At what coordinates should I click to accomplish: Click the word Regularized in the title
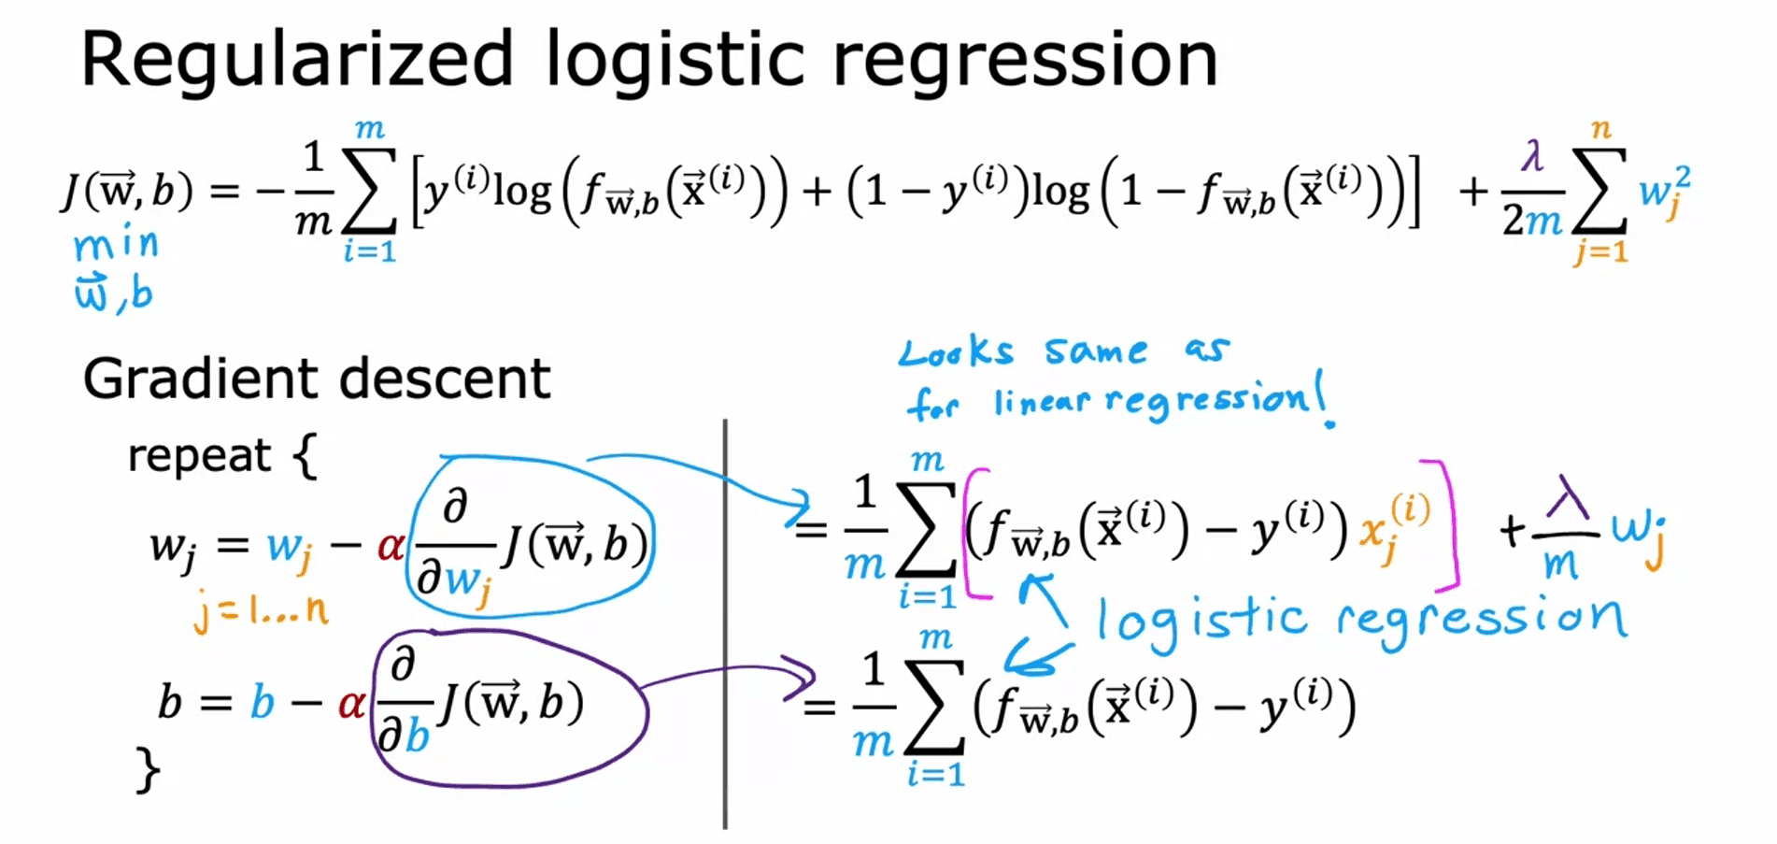pyautogui.click(x=297, y=59)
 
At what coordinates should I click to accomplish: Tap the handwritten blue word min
pyautogui.click(x=117, y=245)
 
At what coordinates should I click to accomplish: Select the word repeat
pyautogui.click(x=199, y=456)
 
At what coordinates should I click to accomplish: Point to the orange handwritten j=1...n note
pyautogui.click(x=261, y=610)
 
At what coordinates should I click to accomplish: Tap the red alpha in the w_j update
pyautogui.click(x=390, y=545)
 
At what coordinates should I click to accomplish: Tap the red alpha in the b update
pyautogui.click(x=351, y=702)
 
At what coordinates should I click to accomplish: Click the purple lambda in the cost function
pyautogui.click(x=1532, y=155)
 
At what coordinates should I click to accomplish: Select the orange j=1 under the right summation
pyautogui.click(x=1599, y=250)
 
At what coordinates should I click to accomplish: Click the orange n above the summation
pyautogui.click(x=1601, y=129)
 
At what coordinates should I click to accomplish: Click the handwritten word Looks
pyautogui.click(x=955, y=352)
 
